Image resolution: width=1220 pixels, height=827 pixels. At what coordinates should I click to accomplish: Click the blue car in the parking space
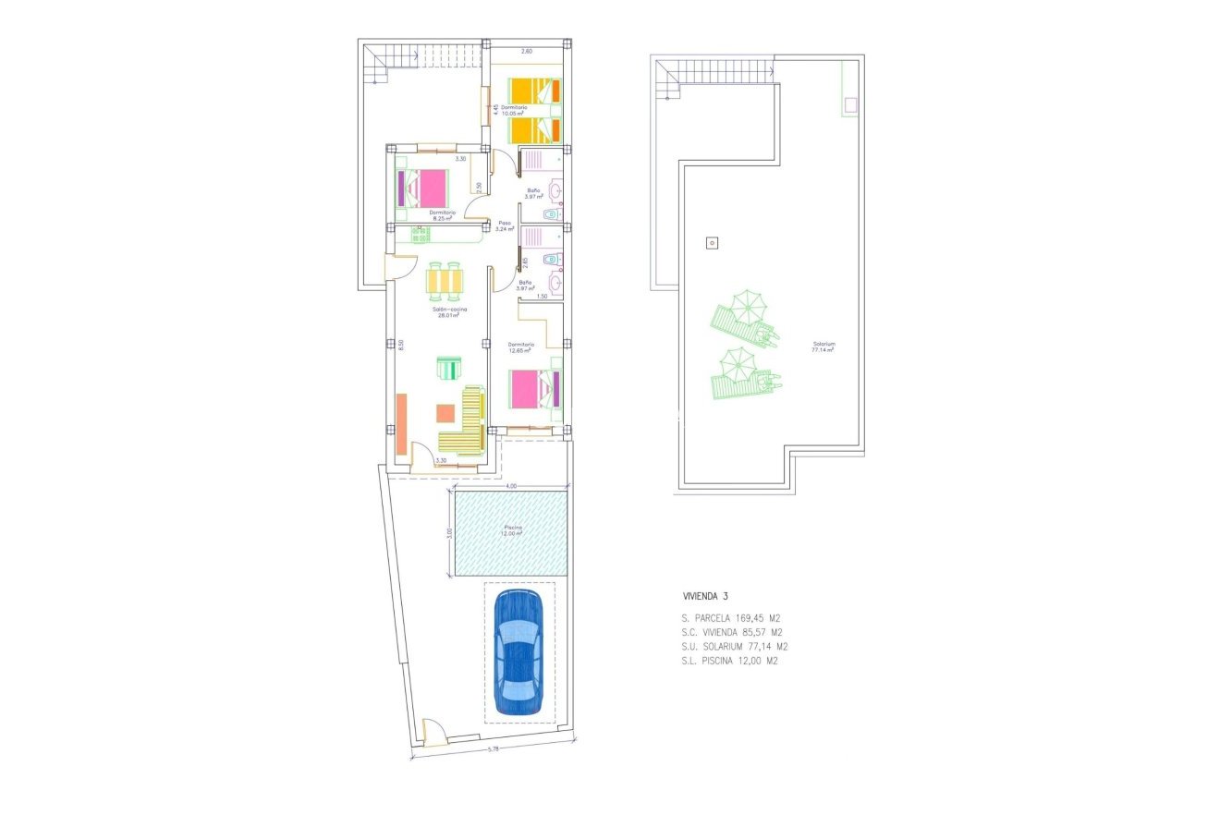tap(518, 652)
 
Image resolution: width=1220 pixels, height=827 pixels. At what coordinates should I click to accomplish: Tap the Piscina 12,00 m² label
tap(513, 530)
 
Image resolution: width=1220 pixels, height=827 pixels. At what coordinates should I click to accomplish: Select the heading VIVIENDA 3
tap(705, 596)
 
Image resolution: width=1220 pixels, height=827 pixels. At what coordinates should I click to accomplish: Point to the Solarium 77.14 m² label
tap(823, 347)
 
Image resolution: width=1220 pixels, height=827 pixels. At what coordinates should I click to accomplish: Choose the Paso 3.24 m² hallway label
tap(505, 225)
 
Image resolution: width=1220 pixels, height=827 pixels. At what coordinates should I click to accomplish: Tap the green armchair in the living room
tap(447, 369)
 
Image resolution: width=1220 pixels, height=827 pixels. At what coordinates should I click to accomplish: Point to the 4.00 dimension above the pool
tap(511, 486)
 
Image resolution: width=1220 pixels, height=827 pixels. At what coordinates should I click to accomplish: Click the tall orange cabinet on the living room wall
tap(401, 424)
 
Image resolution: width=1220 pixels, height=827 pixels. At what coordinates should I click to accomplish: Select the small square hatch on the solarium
tap(711, 243)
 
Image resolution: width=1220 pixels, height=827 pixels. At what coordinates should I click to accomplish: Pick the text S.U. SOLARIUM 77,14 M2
tap(734, 647)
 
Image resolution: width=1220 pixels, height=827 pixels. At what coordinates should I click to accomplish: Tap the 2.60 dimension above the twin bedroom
tap(526, 51)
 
